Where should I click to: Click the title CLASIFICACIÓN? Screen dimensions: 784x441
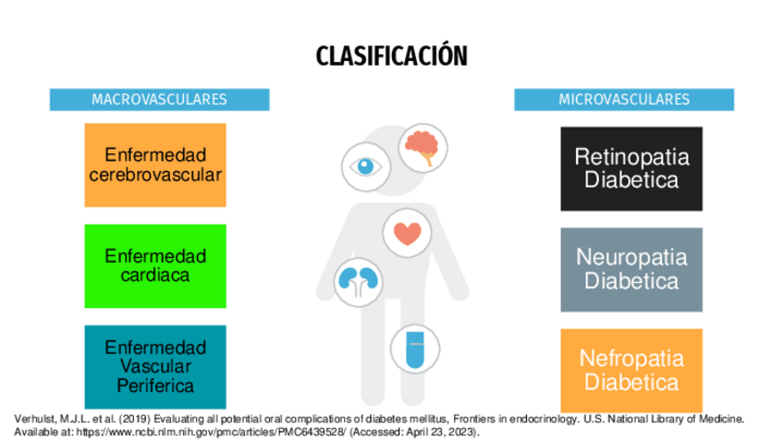tap(391, 56)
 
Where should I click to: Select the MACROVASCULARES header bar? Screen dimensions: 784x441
tap(159, 99)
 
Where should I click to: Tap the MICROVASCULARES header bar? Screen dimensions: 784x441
tap(624, 99)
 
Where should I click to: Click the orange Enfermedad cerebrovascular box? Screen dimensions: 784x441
tap(155, 165)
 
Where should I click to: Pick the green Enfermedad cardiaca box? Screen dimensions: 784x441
tap(155, 266)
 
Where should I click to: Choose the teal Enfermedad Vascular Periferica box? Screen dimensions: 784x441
tap(155, 366)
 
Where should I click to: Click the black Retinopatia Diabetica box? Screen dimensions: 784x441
tap(631, 167)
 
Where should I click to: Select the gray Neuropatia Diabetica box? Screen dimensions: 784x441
tap(631, 269)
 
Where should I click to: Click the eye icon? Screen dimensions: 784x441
tap(368, 167)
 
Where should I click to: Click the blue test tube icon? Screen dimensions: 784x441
tap(410, 348)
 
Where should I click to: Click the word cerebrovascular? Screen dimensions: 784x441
tap(162, 175)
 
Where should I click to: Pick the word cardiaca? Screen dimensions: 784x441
tap(155, 276)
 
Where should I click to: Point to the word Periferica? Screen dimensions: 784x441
tap(155, 385)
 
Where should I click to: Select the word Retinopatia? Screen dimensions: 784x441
tap(631, 157)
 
